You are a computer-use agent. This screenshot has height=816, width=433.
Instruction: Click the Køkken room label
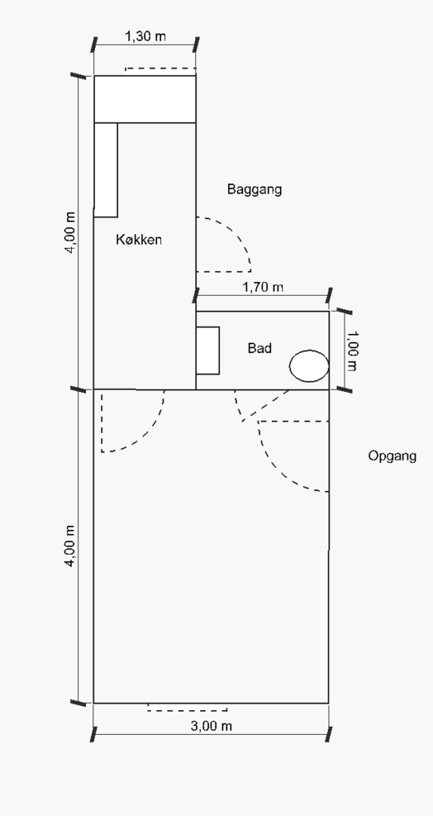coord(139,240)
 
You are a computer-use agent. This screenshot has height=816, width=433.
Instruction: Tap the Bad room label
coord(259,348)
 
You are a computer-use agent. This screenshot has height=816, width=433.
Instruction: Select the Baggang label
coord(254,189)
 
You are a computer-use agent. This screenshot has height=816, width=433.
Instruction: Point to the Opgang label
coord(392,456)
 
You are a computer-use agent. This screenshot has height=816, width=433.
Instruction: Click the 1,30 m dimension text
coord(145,37)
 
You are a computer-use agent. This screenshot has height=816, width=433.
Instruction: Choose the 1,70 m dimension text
coord(263,287)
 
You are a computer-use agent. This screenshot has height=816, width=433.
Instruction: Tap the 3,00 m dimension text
coord(211,726)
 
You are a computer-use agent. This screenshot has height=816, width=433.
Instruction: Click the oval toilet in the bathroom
coord(309,366)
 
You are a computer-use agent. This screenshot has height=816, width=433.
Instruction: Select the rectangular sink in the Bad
coord(207,351)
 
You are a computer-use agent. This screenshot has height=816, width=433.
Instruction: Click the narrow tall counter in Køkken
coord(106,170)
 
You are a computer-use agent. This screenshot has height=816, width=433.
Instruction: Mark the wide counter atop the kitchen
coord(145,99)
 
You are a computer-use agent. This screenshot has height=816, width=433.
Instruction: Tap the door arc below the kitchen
coord(150,433)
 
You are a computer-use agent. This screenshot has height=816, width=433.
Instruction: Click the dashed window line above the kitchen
coord(160,69)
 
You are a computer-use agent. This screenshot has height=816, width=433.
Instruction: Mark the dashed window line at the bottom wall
coord(187,710)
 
